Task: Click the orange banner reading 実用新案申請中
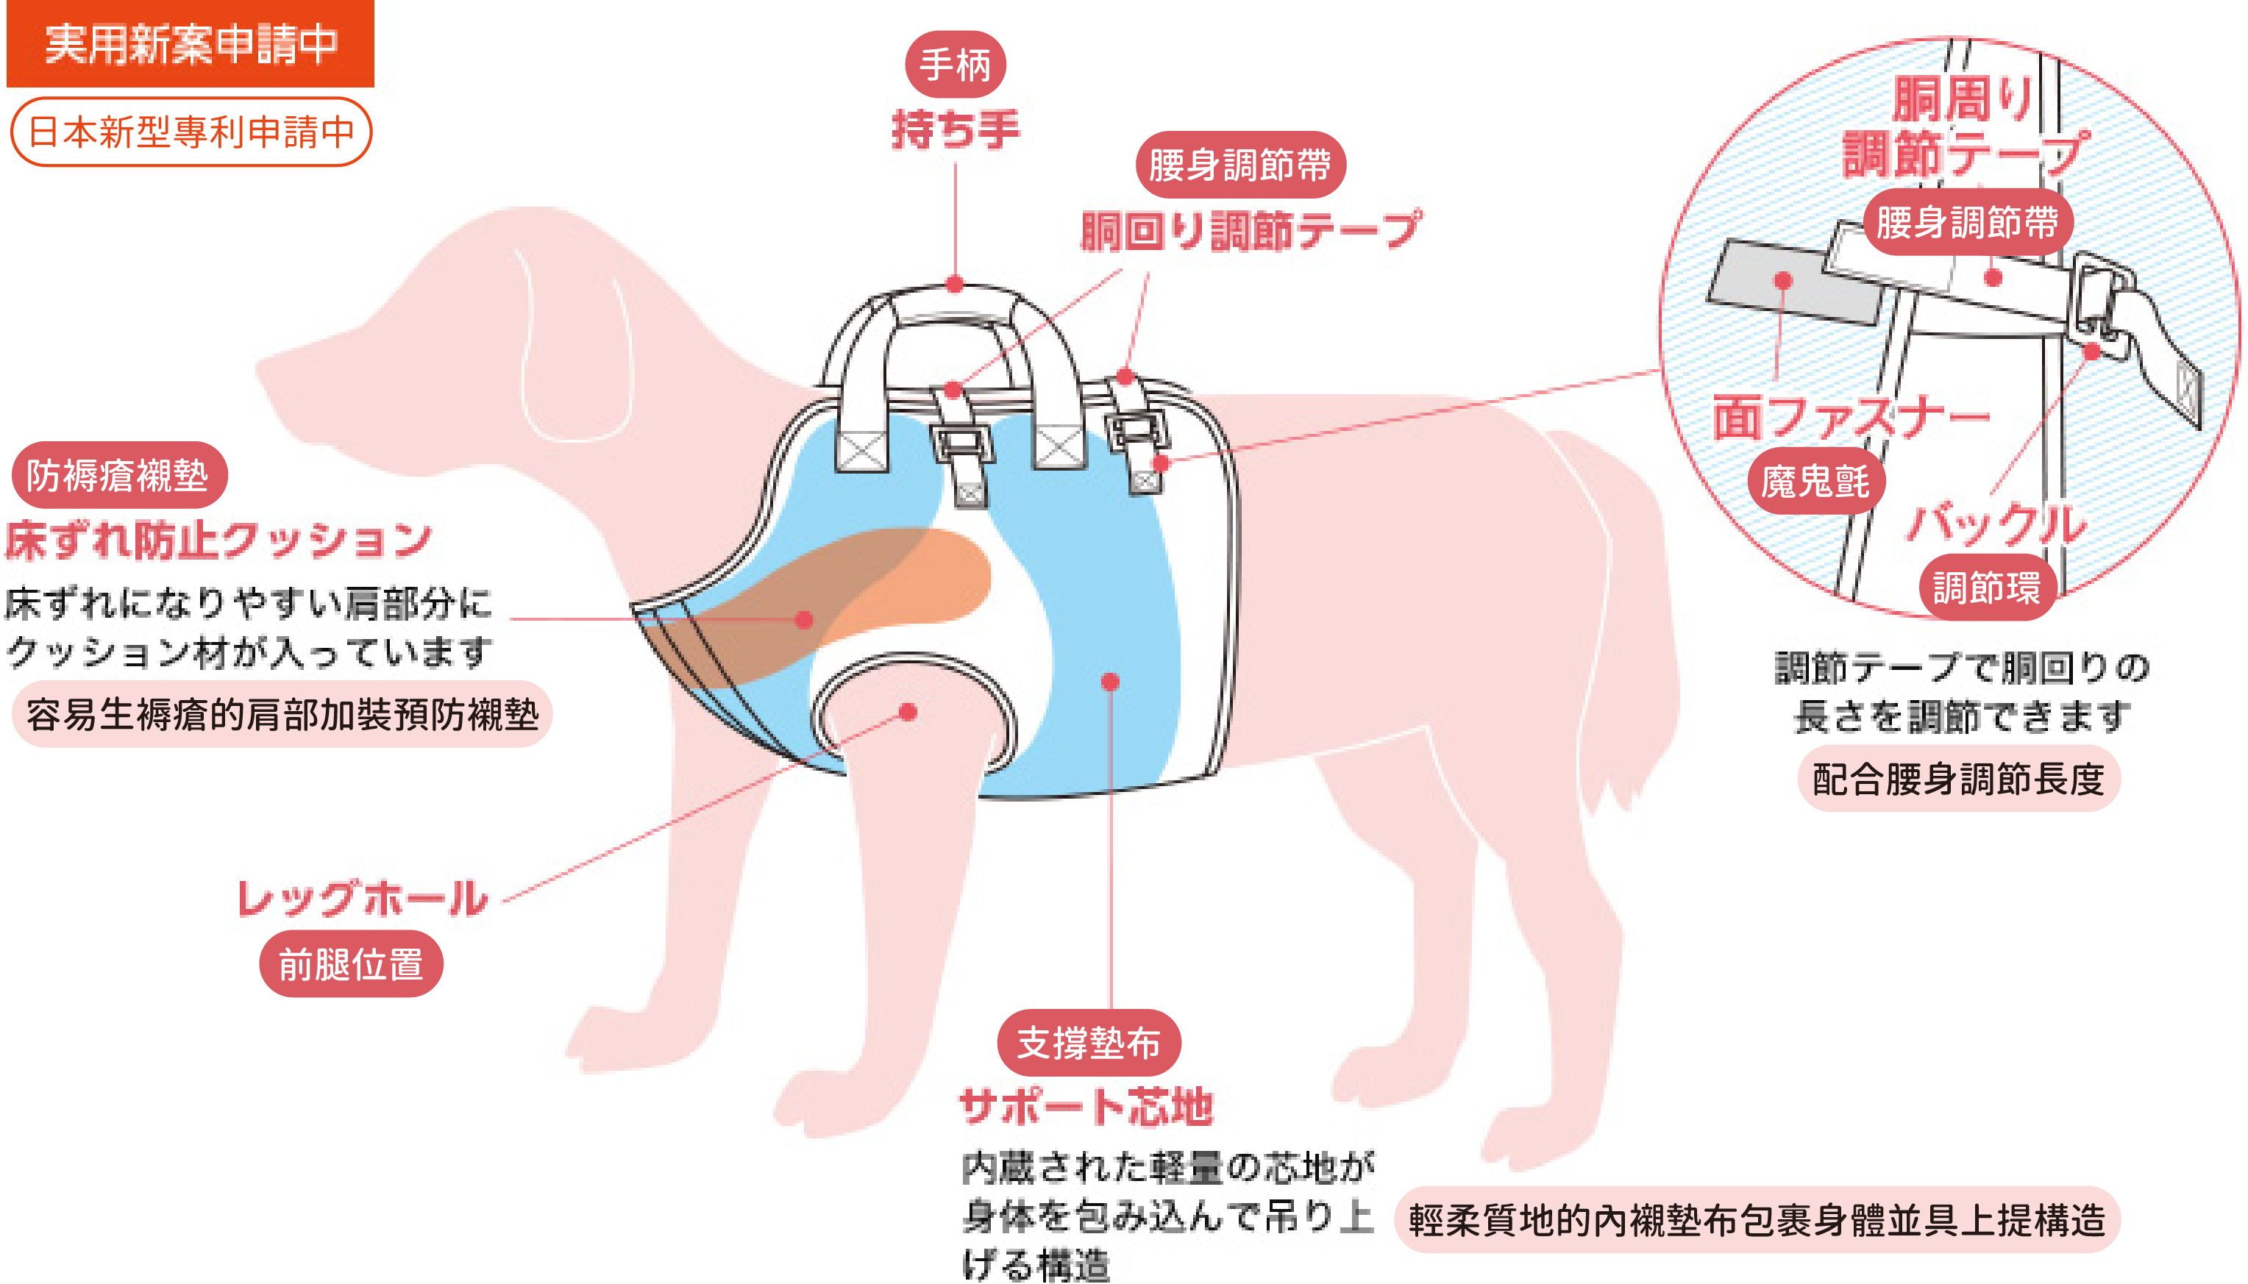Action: [x=190, y=44]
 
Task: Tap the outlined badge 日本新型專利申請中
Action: [x=191, y=132]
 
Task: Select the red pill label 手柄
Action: [x=955, y=65]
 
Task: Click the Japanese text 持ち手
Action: [x=955, y=129]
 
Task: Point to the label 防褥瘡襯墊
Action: [x=118, y=475]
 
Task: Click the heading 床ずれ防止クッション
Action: [x=218, y=540]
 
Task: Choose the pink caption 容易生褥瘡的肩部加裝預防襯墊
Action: [x=281, y=714]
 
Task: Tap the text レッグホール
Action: [x=363, y=899]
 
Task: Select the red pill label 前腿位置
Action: [x=350, y=964]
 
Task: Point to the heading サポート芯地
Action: [x=1086, y=1106]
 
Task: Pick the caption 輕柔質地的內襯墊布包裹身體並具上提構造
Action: [x=1756, y=1219]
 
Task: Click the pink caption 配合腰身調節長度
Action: [x=1958, y=779]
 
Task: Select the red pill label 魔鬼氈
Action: [x=1815, y=482]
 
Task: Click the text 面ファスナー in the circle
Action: [x=1850, y=417]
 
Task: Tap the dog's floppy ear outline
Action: [x=573, y=353]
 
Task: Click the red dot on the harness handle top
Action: [x=955, y=284]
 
